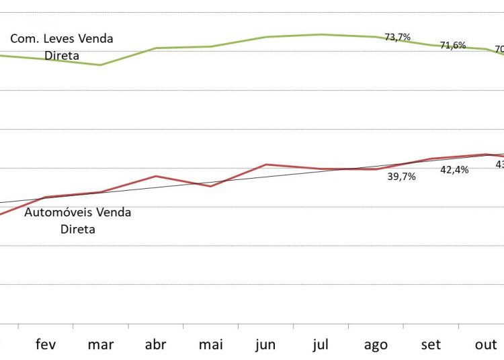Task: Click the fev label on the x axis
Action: point(46,345)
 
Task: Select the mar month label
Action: point(101,345)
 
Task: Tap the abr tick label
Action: point(156,345)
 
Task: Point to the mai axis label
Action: point(211,345)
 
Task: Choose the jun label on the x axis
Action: point(265,345)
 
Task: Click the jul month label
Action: point(321,345)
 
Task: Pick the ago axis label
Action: point(376,345)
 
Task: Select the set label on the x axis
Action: point(431,345)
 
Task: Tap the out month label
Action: point(485,345)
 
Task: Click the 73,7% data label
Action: point(397,37)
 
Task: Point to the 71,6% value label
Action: point(453,45)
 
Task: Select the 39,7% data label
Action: point(402,177)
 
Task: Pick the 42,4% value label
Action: point(454,169)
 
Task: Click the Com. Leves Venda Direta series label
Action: point(62,47)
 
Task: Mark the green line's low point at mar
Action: point(101,65)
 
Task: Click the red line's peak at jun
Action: point(266,164)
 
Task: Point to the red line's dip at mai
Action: point(211,186)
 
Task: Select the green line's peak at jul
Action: point(321,34)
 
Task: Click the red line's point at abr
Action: point(156,176)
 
